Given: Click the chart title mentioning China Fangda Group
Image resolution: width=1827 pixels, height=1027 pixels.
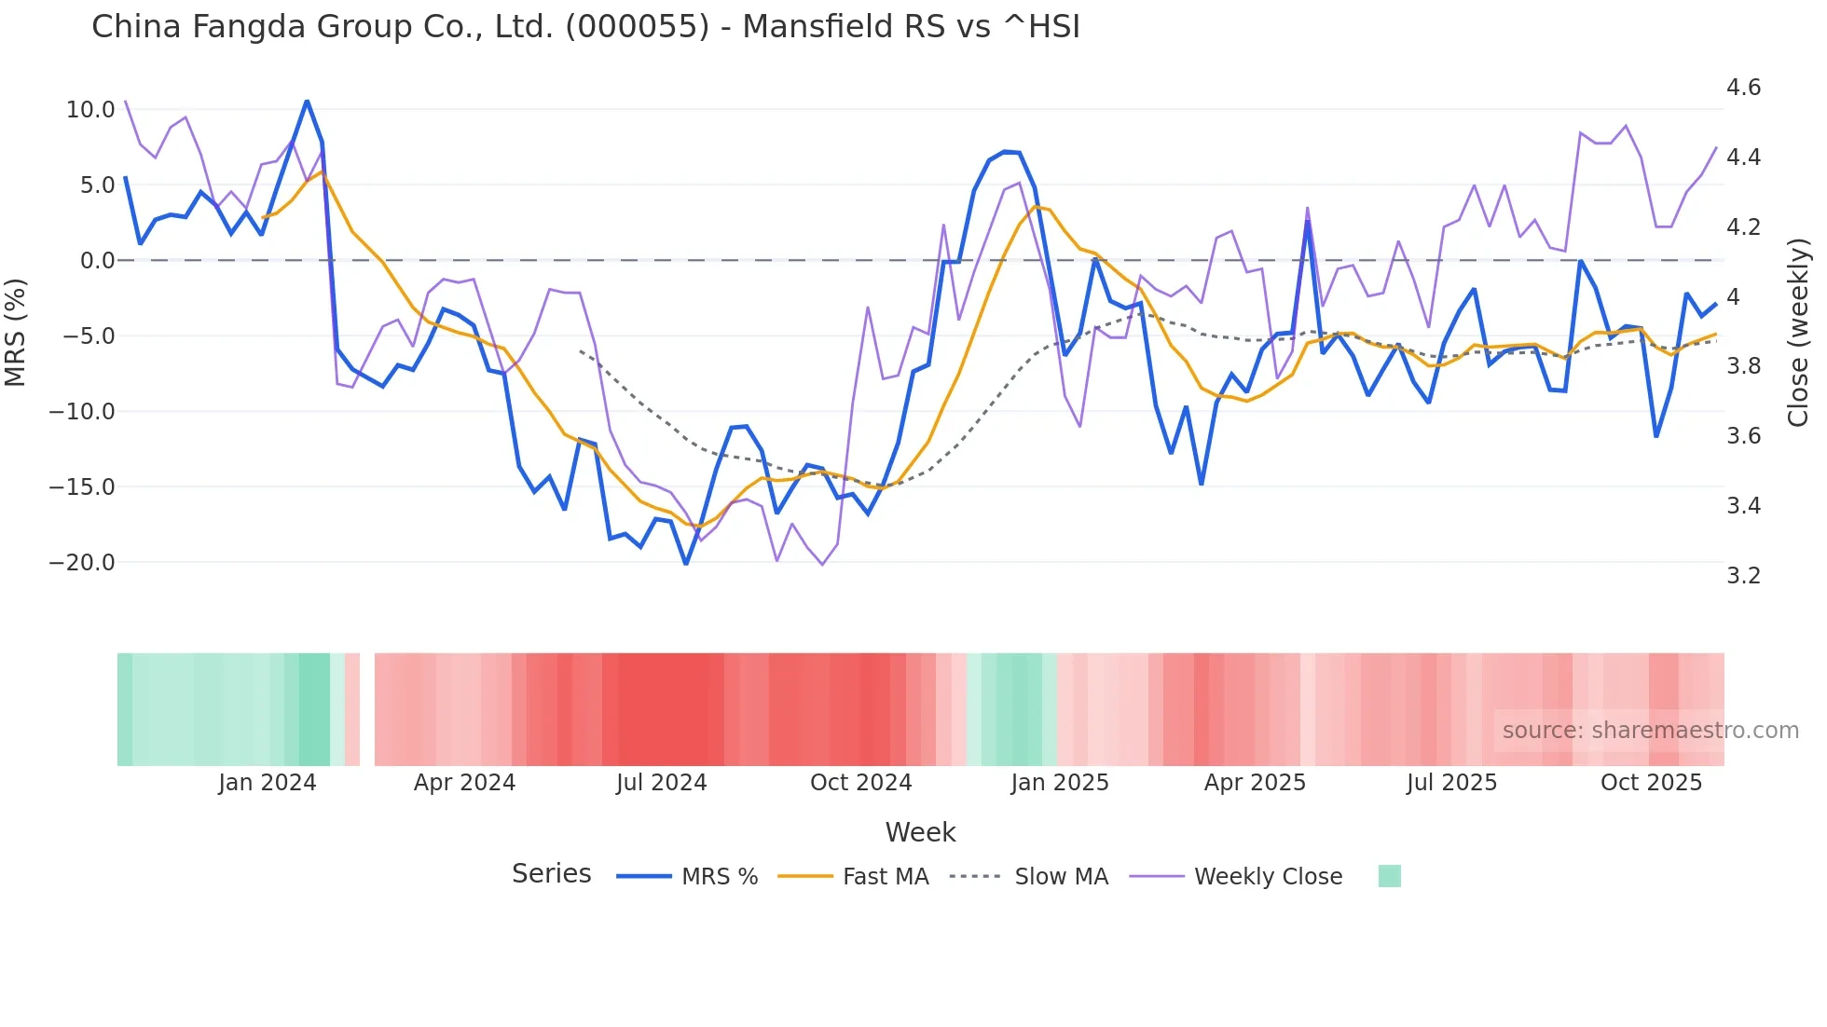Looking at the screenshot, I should [x=585, y=27].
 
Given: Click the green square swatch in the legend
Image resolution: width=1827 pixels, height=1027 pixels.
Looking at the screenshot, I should [x=1389, y=876].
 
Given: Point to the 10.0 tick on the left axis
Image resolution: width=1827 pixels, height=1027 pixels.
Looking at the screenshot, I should [x=90, y=110].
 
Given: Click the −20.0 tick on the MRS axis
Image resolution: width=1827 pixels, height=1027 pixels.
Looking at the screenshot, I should [x=82, y=563].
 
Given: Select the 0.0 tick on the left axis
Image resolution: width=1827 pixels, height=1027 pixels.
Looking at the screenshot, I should [x=97, y=261].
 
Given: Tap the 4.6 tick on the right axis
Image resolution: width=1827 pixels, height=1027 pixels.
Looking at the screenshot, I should [x=1743, y=88].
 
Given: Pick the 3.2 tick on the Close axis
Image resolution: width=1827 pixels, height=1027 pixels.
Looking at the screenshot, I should [x=1743, y=576].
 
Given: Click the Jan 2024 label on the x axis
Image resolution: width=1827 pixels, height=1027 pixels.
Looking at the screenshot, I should [x=268, y=783].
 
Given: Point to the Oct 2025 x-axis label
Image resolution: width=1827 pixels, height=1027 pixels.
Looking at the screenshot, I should [x=1651, y=783].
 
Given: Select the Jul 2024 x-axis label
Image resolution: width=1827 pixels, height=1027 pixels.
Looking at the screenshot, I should [x=662, y=783].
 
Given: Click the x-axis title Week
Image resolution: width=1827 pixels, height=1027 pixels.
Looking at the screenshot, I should [x=920, y=832].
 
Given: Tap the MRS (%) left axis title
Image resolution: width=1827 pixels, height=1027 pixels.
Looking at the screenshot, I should [x=16, y=332].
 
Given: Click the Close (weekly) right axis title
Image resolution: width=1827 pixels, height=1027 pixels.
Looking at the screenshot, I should [x=1798, y=332].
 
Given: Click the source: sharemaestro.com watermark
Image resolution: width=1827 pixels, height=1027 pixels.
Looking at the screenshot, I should [x=1650, y=731].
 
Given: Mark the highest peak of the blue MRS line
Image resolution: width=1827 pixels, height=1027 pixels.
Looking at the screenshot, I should [x=307, y=101].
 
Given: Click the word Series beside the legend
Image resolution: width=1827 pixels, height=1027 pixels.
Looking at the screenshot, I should [x=551, y=874].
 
